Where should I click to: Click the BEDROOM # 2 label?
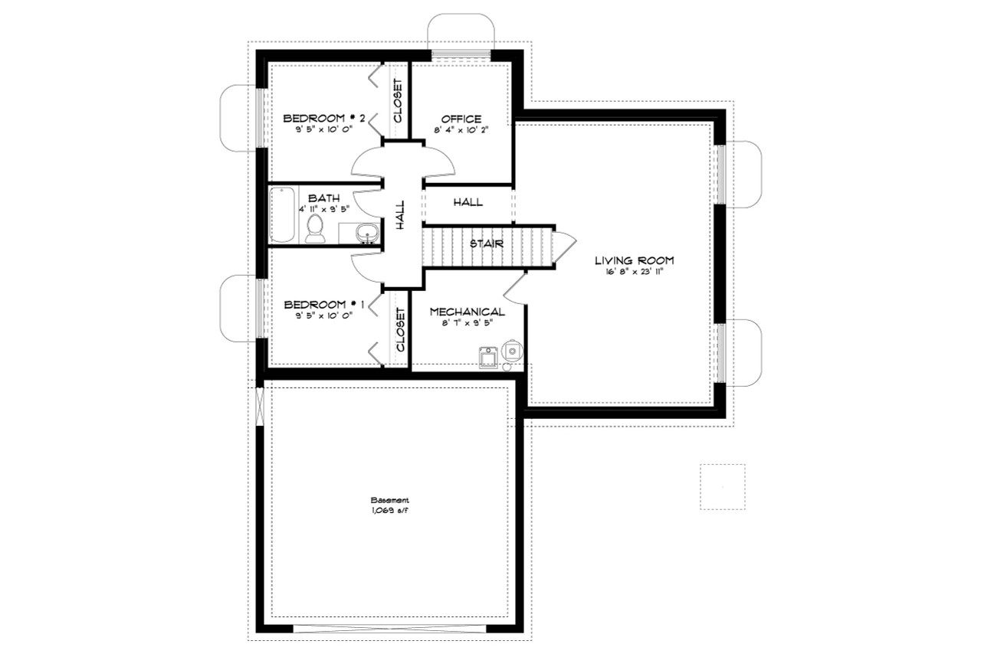[323, 118]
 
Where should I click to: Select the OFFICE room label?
[461, 119]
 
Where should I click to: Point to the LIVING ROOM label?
[634, 260]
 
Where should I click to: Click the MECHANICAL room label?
[467, 312]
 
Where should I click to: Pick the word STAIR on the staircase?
[486, 244]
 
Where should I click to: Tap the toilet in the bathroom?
[314, 228]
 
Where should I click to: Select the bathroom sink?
[367, 232]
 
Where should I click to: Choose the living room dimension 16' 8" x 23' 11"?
[634, 272]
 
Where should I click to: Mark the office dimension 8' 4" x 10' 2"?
[461, 130]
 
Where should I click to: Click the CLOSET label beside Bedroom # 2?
[399, 101]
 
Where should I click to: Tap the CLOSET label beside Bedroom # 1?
[400, 329]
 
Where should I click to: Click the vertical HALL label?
[400, 215]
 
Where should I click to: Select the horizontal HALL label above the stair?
[468, 202]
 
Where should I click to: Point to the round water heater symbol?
[513, 351]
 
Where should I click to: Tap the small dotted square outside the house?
[722, 486]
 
